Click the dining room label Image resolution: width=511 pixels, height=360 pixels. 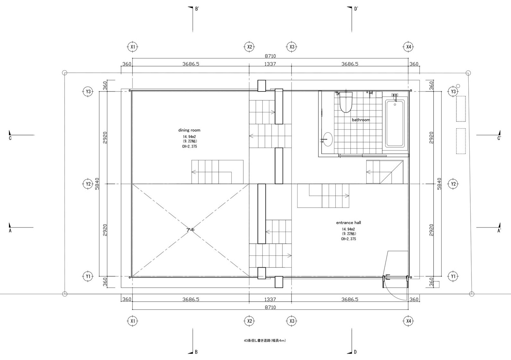(189, 130)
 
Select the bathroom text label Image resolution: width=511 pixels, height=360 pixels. (361, 120)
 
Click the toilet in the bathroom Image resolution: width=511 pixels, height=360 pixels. (346, 103)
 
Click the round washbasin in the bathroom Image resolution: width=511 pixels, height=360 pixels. (328, 140)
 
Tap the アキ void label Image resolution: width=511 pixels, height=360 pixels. (190, 230)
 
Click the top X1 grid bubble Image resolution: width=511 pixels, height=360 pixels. (133, 47)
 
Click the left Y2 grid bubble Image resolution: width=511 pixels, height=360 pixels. (88, 184)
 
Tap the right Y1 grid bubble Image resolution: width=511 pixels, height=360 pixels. (453, 276)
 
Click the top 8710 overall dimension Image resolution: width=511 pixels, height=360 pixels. (270, 56)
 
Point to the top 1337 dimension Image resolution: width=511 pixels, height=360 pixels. (270, 64)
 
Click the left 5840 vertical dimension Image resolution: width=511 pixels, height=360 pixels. (97, 184)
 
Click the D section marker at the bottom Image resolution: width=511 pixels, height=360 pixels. (355, 352)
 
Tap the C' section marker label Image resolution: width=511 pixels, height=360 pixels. (499, 138)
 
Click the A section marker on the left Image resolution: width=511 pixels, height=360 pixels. (10, 230)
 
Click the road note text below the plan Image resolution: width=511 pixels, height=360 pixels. (265, 341)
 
